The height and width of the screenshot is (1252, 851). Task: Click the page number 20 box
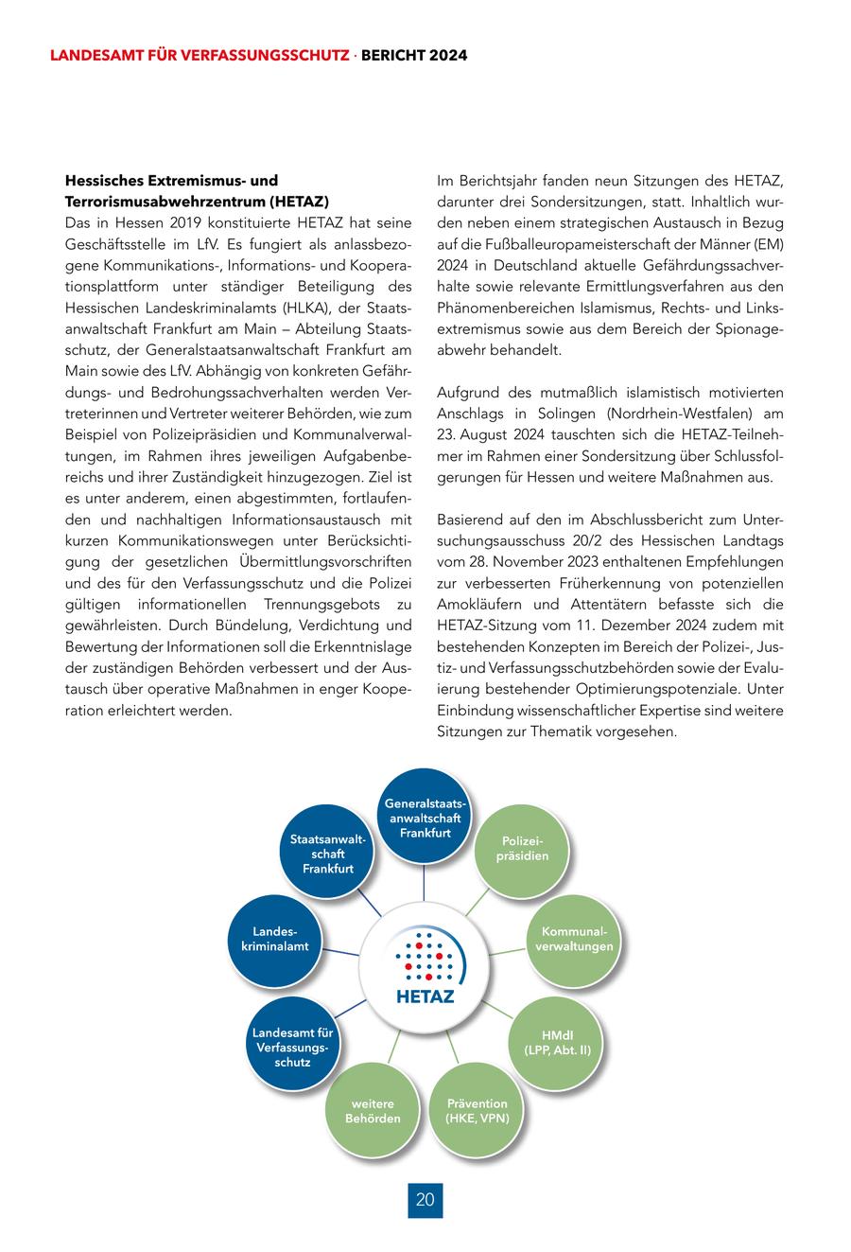click(x=425, y=1199)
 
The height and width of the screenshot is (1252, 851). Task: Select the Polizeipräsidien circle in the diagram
click(x=522, y=848)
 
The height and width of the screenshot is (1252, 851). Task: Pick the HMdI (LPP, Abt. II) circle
click(x=557, y=1042)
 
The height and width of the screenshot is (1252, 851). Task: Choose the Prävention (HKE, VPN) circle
click(x=477, y=1110)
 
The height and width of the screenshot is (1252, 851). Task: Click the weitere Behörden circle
click(x=373, y=1110)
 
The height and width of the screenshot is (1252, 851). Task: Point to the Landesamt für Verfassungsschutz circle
click(x=292, y=1047)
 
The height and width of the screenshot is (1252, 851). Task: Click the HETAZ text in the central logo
click(x=425, y=996)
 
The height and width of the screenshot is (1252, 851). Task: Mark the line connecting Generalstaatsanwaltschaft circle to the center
click(x=424, y=884)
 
